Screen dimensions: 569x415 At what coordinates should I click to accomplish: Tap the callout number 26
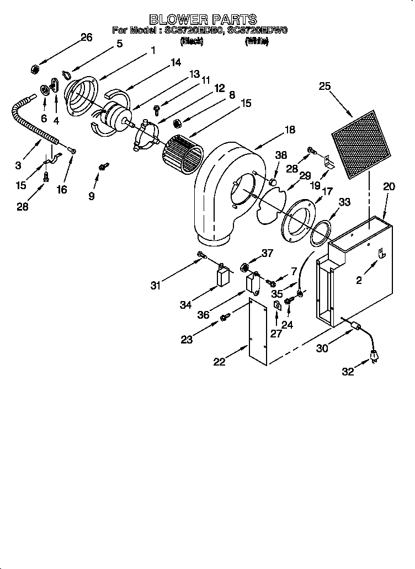(x=86, y=37)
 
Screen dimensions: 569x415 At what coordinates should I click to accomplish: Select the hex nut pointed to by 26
(x=34, y=69)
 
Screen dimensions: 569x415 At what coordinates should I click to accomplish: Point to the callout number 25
(x=324, y=85)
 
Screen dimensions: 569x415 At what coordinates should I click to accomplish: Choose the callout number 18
(x=289, y=130)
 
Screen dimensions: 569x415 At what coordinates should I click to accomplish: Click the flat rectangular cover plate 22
(x=258, y=332)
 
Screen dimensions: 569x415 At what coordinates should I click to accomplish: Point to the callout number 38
(x=281, y=156)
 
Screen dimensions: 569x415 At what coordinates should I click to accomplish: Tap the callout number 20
(x=389, y=187)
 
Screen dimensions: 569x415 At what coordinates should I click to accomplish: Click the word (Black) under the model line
(x=192, y=41)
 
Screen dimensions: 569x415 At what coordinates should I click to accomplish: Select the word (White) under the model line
(x=257, y=41)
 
